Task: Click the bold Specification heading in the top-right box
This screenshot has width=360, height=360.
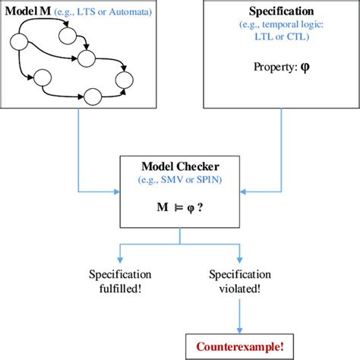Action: (281, 13)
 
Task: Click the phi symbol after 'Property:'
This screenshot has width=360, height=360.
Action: (306, 66)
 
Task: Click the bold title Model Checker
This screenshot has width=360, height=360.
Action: (179, 166)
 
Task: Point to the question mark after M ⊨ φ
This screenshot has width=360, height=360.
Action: (201, 207)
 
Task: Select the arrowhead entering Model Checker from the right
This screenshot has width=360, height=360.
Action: (245, 189)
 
